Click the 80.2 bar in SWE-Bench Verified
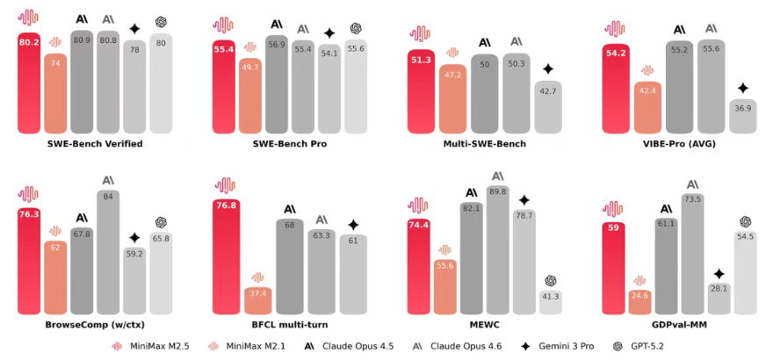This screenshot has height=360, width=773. coord(31,83)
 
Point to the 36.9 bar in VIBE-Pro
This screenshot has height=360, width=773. coord(742,117)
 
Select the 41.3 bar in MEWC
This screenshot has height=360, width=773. coord(551,301)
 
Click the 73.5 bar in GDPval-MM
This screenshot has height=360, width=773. coord(692,255)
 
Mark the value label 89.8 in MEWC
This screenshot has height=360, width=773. coord(498,191)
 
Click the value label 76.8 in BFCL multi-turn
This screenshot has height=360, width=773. coord(227,205)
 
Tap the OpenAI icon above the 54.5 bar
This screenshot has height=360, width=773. coord(747,222)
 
